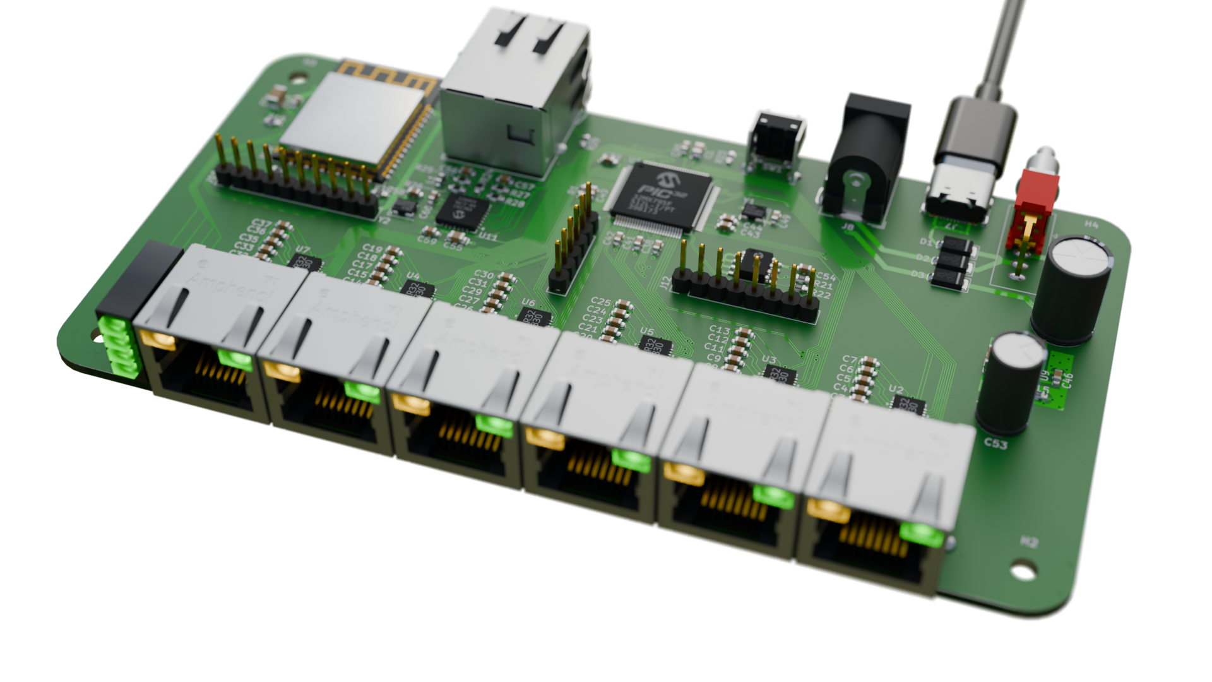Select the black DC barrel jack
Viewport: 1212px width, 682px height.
865,158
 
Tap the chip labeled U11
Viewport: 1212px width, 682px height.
464,213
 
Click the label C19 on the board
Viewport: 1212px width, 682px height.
372,249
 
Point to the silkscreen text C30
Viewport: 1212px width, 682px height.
484,275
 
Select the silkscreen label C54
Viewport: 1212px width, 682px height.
826,277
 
